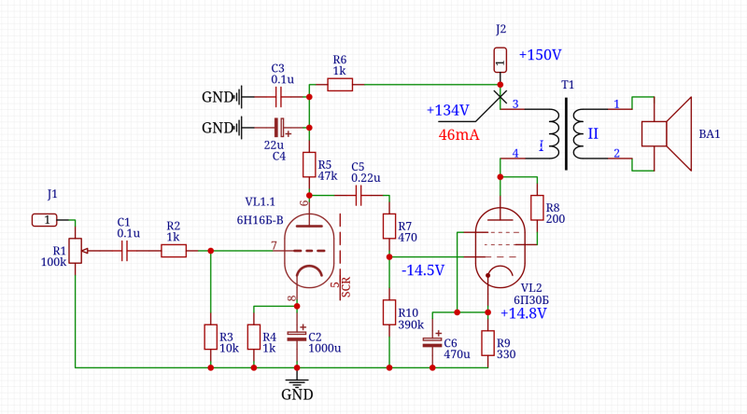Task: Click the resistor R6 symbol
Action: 340,85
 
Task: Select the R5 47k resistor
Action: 310,165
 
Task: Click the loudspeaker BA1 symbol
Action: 667,133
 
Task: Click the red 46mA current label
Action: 458,135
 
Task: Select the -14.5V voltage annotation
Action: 423,269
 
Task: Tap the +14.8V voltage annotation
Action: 523,313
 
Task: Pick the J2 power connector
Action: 500,62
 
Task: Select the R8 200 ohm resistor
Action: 537,207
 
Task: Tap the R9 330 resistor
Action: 487,342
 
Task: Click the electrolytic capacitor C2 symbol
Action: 296,333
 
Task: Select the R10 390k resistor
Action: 388,311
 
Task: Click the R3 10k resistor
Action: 210,336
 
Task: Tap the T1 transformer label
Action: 568,85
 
